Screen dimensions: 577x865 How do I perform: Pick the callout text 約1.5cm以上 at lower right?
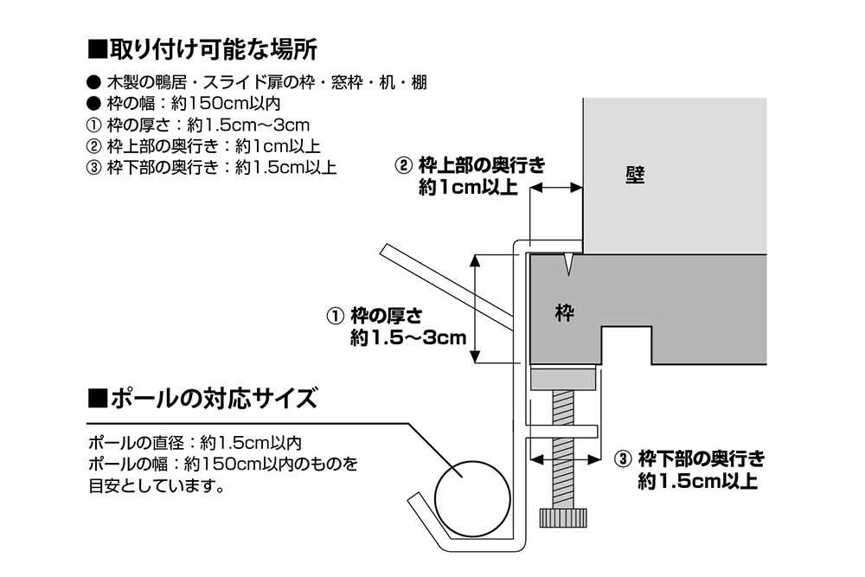[697, 481]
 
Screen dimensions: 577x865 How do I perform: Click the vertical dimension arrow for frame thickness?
[475, 310]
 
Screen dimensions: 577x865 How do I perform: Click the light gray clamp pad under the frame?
[563, 378]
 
